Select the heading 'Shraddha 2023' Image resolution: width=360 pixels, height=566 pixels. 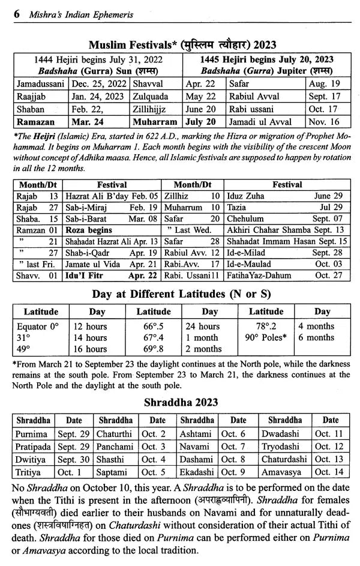180,402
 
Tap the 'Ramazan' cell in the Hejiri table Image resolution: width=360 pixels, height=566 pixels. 35,122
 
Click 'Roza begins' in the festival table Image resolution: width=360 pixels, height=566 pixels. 88,229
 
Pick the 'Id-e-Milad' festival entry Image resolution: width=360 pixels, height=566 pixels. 247,253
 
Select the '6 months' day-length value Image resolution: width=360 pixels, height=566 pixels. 316,338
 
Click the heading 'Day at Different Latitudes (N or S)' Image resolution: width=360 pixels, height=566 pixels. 179,295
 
